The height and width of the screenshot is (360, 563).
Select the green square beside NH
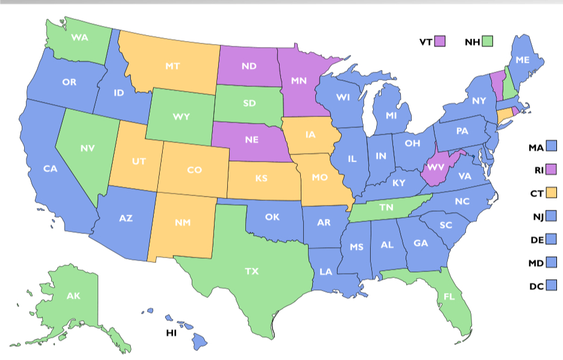(488, 42)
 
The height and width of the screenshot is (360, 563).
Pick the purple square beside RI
(551, 169)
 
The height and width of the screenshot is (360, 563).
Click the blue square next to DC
(551, 286)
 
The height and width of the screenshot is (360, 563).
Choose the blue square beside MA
(551, 147)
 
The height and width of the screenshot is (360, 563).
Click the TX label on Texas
(252, 271)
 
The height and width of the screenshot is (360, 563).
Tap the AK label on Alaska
(73, 295)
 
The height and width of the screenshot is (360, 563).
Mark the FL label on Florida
(449, 297)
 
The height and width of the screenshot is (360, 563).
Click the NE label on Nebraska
(251, 139)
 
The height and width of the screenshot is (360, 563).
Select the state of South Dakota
(250, 103)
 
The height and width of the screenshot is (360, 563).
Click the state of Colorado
(193, 170)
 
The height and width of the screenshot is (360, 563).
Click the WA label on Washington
(80, 37)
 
